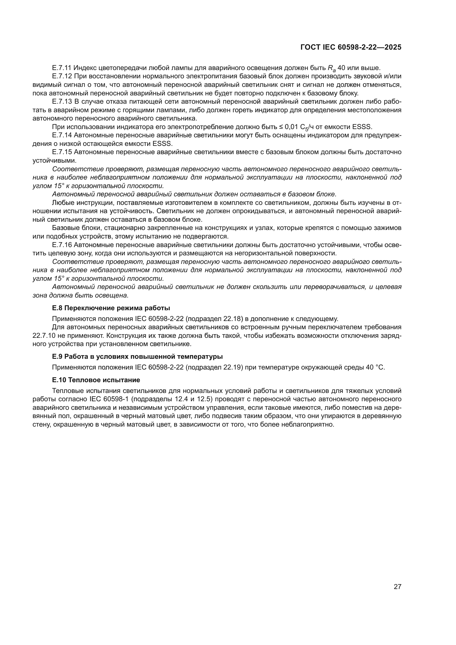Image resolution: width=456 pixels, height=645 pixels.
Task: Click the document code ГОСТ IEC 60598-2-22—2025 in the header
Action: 351,47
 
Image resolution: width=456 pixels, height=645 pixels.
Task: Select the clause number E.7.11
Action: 62,68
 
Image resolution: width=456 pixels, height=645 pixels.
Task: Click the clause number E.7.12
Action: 62,76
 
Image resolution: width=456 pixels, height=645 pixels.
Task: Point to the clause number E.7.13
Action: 62,101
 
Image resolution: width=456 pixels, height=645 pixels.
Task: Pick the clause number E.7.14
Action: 62,135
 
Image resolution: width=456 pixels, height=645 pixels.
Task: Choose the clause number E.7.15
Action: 62,152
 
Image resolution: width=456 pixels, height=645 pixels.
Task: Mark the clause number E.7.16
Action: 62,245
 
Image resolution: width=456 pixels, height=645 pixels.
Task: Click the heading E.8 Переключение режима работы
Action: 111,308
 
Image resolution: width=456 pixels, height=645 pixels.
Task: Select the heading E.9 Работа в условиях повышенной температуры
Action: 137,357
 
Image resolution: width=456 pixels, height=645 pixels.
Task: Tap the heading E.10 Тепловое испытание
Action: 96,380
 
